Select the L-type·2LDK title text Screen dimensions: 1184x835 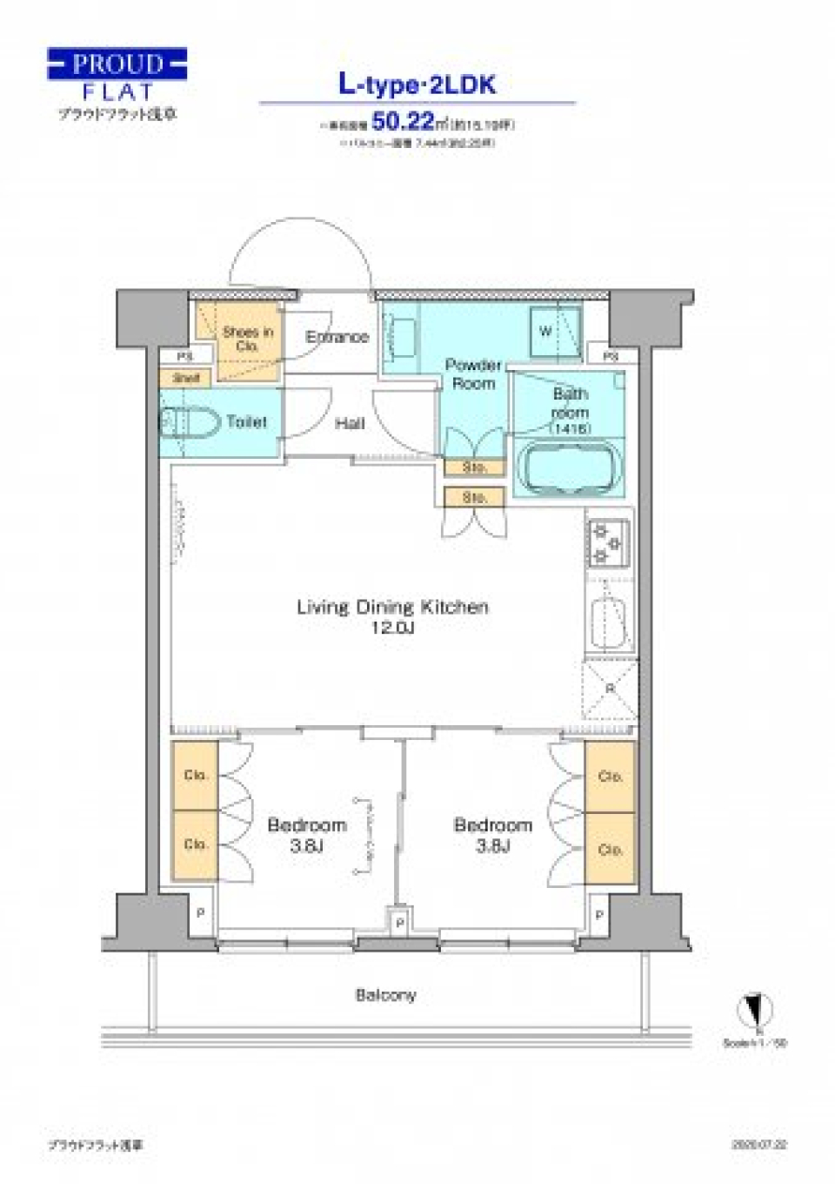[x=417, y=84]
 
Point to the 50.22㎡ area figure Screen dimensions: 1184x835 [x=403, y=121]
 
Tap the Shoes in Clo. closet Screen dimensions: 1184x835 [x=247, y=340]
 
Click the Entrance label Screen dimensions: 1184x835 [x=337, y=336]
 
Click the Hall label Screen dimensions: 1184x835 [x=350, y=423]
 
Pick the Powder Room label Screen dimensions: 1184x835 [x=472, y=373]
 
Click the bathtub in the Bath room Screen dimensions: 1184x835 [x=569, y=468]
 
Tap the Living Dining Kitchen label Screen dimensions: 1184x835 [x=392, y=616]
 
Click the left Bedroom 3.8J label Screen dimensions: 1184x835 [x=306, y=833]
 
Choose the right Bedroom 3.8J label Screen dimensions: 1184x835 [x=492, y=833]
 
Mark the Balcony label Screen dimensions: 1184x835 [x=385, y=994]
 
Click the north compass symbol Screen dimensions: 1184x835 [x=755, y=1010]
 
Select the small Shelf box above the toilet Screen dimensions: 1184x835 [x=187, y=379]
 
